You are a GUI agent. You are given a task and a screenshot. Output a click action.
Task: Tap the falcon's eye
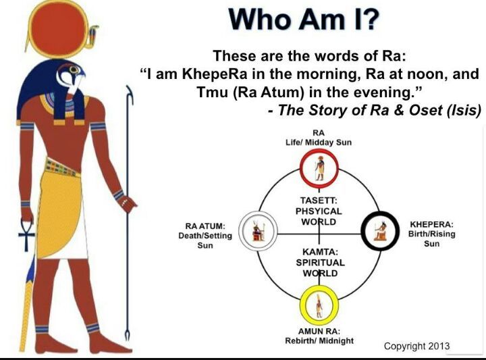pos(74,69)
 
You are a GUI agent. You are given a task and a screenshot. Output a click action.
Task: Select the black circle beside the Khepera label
pos(380,230)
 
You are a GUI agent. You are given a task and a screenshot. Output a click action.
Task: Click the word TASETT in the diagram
pos(319,201)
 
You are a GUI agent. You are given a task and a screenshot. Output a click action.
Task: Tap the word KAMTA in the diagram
pos(320,251)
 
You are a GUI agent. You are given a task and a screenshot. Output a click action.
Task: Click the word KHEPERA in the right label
pos(431,224)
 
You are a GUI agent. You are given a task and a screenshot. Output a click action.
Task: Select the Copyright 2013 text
pos(416,346)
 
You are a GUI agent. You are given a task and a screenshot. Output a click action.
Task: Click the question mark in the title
pos(369,19)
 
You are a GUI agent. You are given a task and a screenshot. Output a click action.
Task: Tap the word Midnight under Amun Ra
pos(336,341)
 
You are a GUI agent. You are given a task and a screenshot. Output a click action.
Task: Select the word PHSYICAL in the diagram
pos(319,211)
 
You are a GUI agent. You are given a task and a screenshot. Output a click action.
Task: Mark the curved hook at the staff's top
pos(130,95)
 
